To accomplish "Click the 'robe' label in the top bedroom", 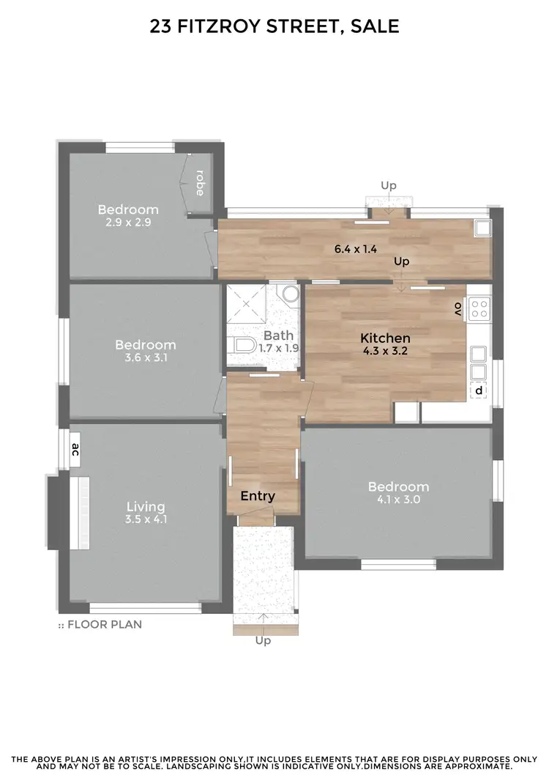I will coord(199,183).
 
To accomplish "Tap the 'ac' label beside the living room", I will coord(75,449).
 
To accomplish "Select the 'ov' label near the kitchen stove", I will coord(458,308).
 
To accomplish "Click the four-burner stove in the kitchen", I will coord(479,308).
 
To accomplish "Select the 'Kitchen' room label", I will coord(385,338).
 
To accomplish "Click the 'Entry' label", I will coord(258,496).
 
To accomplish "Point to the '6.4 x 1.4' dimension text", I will coord(355,249).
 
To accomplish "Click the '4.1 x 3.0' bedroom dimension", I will coord(398,500).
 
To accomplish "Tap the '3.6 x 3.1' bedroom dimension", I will coord(145,357).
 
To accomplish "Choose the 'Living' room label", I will coord(146,506).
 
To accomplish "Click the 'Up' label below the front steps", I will coord(263,640).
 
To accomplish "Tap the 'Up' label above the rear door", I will coord(388,186).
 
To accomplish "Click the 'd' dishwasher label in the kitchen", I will coord(479,391).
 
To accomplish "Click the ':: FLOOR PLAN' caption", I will coord(100,625).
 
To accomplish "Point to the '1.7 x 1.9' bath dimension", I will coord(278,348).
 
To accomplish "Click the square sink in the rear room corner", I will coord(483,229).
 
